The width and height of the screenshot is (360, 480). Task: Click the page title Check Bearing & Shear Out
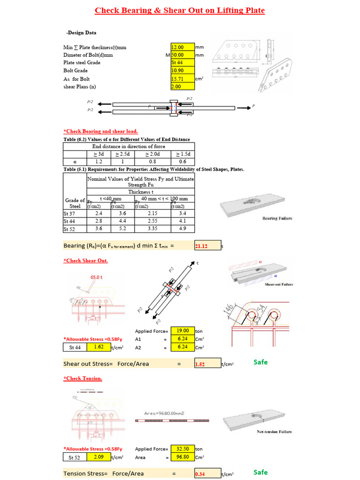pyautogui.click(x=180, y=10)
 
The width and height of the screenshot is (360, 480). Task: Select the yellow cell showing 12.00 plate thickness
pyautogui.click(x=182, y=47)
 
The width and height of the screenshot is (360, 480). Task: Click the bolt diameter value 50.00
pyautogui.click(x=182, y=55)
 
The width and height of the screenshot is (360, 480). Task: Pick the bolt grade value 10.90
pyautogui.click(x=182, y=70)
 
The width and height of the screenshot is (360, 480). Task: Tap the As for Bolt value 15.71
pyautogui.click(x=182, y=79)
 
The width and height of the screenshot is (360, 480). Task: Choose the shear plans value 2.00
pyautogui.click(x=182, y=87)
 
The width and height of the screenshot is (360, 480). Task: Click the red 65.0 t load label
pyautogui.click(x=97, y=277)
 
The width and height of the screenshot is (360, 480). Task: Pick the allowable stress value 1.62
pyautogui.click(x=98, y=347)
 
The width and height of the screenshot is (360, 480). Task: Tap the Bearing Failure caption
pyautogui.click(x=276, y=218)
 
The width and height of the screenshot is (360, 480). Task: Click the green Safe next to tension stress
pyautogui.click(x=260, y=472)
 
